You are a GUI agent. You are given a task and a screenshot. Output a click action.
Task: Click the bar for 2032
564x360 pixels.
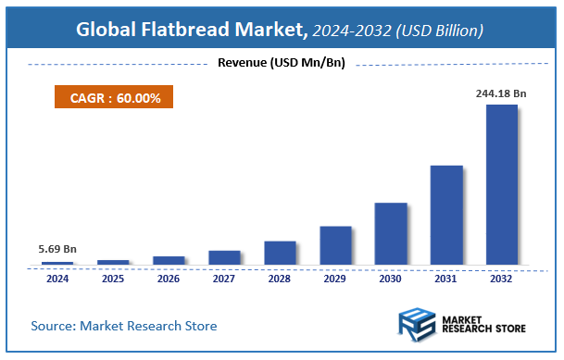(x=502, y=184)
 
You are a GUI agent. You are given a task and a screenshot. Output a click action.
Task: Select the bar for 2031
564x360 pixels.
(x=446, y=215)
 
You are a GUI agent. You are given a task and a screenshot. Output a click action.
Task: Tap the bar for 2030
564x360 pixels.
(x=391, y=233)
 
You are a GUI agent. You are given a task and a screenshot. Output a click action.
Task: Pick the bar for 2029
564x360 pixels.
(x=335, y=245)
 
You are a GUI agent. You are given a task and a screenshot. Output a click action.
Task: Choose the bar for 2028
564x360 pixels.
(x=280, y=253)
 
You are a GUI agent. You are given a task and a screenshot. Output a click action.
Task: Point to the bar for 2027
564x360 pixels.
(x=224, y=257)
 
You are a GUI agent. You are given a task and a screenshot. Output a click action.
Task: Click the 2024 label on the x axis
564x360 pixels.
(x=57, y=278)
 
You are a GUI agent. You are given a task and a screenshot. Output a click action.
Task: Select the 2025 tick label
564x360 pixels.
(x=113, y=278)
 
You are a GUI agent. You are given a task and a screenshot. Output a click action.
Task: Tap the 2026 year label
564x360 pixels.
(x=169, y=278)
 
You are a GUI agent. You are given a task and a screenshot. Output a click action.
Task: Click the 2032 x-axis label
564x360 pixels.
(x=502, y=278)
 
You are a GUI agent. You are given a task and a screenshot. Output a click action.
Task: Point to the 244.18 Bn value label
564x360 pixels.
(x=501, y=93)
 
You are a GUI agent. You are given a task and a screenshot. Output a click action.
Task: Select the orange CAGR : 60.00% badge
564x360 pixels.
(x=108, y=96)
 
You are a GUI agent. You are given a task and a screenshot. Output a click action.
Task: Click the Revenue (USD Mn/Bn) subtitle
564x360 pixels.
(x=282, y=63)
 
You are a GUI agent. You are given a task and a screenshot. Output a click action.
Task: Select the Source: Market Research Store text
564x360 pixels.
(x=124, y=326)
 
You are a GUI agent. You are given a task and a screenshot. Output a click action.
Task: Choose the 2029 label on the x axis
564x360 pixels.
(x=335, y=278)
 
